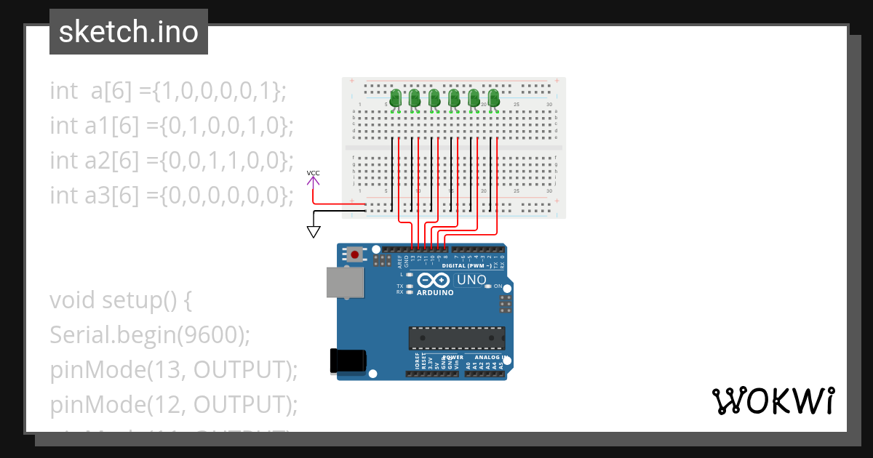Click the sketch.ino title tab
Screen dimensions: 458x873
pos(128,32)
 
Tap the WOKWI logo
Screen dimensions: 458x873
pos(773,401)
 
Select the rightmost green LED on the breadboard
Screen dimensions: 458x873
pos(494,99)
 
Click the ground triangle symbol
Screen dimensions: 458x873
pos(314,231)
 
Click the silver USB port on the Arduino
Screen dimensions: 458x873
pos(344,282)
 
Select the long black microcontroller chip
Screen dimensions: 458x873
pos(456,338)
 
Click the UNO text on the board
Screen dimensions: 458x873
pos(471,280)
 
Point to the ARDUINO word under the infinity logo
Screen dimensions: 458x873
pos(436,293)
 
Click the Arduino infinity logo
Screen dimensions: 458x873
pos(435,281)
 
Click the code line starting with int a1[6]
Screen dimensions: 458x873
pos(171,126)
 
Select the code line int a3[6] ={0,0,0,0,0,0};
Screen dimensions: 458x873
pos(171,195)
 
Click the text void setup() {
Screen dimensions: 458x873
pos(121,300)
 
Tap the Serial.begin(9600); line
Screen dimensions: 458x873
pos(150,334)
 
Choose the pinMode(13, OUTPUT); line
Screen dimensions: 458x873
pos(174,369)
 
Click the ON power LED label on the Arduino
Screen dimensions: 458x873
pos(498,286)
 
